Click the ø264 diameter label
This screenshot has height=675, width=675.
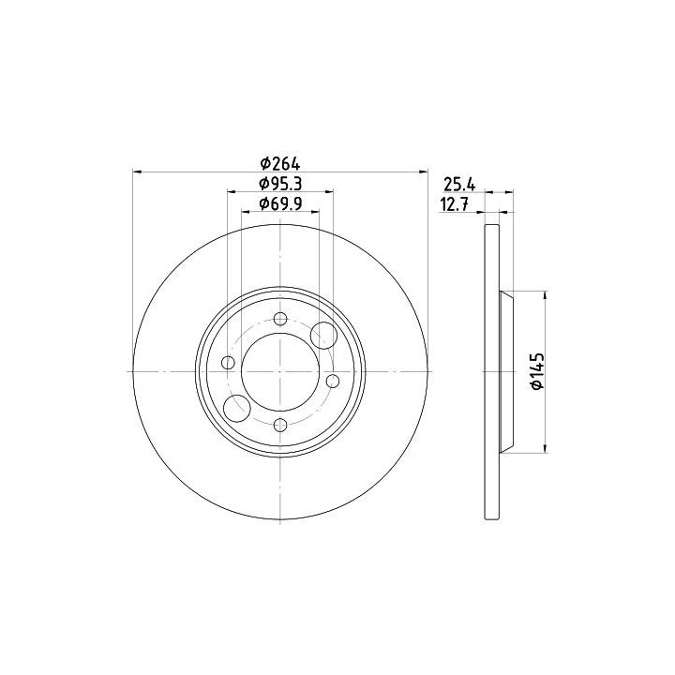pos(280,163)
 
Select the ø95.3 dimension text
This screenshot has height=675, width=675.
pos(280,184)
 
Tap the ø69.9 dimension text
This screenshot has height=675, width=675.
pos(280,203)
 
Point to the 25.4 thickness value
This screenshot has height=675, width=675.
pos(459,185)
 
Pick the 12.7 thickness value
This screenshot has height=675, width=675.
pos(454,204)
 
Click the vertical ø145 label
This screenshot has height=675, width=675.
pos(538,371)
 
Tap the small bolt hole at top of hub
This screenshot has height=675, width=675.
pos(280,319)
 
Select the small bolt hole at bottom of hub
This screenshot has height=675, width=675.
pos(280,426)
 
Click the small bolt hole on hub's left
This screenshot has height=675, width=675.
pos(228,363)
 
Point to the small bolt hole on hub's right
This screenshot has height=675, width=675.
pos(333,381)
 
